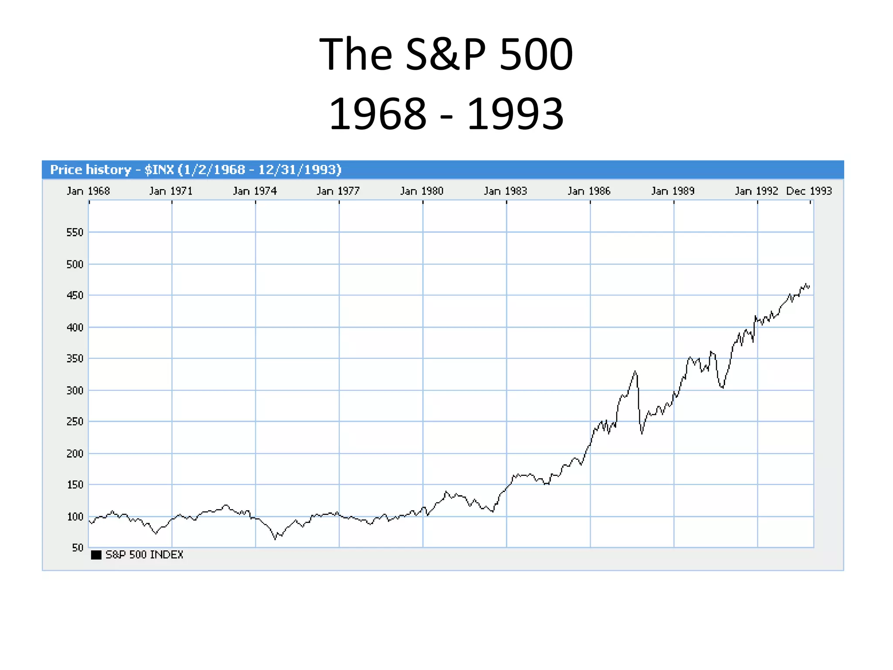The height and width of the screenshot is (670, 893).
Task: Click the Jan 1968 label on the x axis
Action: click(88, 191)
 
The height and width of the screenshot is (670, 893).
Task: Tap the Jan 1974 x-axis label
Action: click(255, 191)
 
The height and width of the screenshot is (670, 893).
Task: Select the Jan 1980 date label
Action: click(422, 191)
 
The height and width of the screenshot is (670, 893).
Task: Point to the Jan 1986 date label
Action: click(589, 191)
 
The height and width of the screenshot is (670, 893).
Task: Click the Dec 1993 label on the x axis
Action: click(809, 191)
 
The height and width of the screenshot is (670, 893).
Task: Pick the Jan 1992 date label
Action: click(756, 191)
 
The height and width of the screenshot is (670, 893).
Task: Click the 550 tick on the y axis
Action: click(75, 232)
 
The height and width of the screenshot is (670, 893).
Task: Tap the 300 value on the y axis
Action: click(75, 390)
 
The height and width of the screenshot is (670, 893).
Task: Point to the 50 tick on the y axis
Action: click(77, 547)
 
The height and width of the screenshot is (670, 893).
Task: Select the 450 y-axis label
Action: click(75, 296)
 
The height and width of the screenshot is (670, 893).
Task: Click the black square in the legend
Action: click(96, 555)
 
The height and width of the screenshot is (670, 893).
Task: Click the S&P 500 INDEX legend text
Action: click(144, 555)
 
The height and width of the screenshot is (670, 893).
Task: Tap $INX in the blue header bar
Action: click(159, 170)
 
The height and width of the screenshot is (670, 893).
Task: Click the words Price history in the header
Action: click(91, 170)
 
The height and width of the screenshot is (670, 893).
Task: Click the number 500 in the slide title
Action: click(536, 55)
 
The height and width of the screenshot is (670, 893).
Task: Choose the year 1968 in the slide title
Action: click(378, 114)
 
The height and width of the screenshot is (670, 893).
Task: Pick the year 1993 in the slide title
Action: click(515, 114)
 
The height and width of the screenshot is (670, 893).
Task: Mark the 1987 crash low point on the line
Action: click(642, 433)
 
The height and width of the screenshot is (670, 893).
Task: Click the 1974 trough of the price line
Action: click(275, 539)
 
